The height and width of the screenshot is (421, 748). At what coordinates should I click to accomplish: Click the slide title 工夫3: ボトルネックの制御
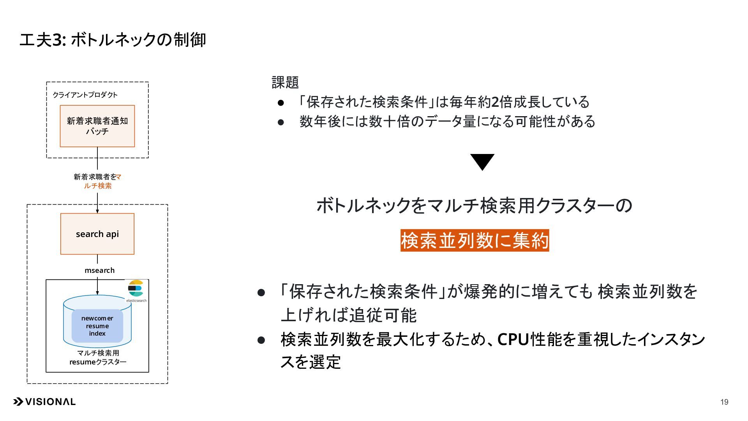point(113,40)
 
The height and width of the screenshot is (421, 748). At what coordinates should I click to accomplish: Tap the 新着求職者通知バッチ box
point(97,126)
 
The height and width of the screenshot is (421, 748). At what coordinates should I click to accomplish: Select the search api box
point(97,234)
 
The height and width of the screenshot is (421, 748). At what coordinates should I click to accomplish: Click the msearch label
point(100,270)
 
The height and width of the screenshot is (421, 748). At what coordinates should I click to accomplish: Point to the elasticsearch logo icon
point(136,289)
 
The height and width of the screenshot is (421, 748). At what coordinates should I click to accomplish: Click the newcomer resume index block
point(97,326)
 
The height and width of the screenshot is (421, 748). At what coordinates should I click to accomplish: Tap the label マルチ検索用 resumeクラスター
point(98,357)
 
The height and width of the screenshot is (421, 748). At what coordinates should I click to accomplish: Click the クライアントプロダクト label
point(85,95)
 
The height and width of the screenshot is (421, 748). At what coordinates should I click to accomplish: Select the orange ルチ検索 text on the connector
point(98,186)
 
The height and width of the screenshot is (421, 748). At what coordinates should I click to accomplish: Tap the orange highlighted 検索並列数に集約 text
point(475,240)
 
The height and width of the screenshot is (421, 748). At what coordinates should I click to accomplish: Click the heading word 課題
point(285,82)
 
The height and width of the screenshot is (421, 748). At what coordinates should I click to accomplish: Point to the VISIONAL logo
point(44,402)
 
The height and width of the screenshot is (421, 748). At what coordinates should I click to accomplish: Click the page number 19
point(724,402)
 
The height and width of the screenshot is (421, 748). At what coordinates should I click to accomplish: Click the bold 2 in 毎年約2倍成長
point(495,102)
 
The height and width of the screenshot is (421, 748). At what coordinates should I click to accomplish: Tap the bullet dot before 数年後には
point(281,122)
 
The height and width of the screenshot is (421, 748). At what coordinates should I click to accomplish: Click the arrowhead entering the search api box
point(97,211)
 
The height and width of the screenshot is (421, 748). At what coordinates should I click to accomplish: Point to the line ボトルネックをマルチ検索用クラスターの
point(474,205)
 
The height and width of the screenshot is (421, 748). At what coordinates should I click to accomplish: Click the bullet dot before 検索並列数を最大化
point(261,340)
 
